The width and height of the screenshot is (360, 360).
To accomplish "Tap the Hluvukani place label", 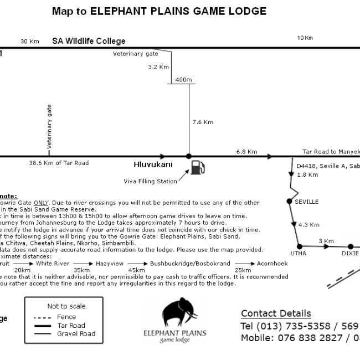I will click(153, 164).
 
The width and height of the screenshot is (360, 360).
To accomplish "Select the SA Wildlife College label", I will click(89, 41).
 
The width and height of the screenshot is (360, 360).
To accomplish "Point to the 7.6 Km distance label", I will click(202, 122).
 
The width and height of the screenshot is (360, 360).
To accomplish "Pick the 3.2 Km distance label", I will click(158, 67).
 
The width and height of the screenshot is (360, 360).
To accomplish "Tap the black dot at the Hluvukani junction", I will click(189, 156).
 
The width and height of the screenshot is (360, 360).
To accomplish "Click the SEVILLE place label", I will click(306, 202).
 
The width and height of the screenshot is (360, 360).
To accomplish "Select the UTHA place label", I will click(299, 253).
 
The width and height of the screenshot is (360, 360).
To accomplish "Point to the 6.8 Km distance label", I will click(246, 151).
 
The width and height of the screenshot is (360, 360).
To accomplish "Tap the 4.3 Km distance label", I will click(308, 225).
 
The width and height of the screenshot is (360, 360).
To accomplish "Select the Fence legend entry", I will click(66, 317).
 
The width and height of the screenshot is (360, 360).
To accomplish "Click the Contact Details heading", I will click(276, 313).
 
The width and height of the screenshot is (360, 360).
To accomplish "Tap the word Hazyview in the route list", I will click(109, 264).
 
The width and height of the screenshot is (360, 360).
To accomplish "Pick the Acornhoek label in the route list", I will click(272, 264).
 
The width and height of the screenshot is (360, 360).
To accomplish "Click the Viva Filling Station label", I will click(150, 181).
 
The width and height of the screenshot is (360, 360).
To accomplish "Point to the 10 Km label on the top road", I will click(305, 38).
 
